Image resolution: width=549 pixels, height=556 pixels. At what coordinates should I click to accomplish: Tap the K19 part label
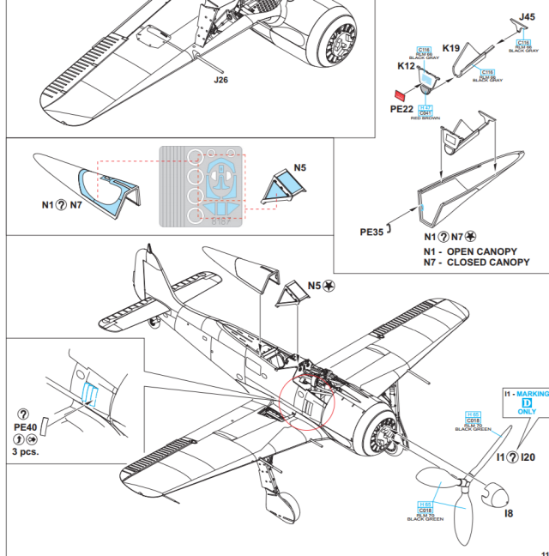click(451, 48)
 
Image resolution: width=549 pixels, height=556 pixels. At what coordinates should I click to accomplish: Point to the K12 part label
click(407, 66)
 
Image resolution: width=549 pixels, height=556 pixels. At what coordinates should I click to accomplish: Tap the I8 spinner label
click(510, 513)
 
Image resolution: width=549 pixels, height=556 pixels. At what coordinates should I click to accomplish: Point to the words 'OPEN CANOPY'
click(482, 251)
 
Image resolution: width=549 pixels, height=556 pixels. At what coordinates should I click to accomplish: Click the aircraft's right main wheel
click(288, 506)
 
